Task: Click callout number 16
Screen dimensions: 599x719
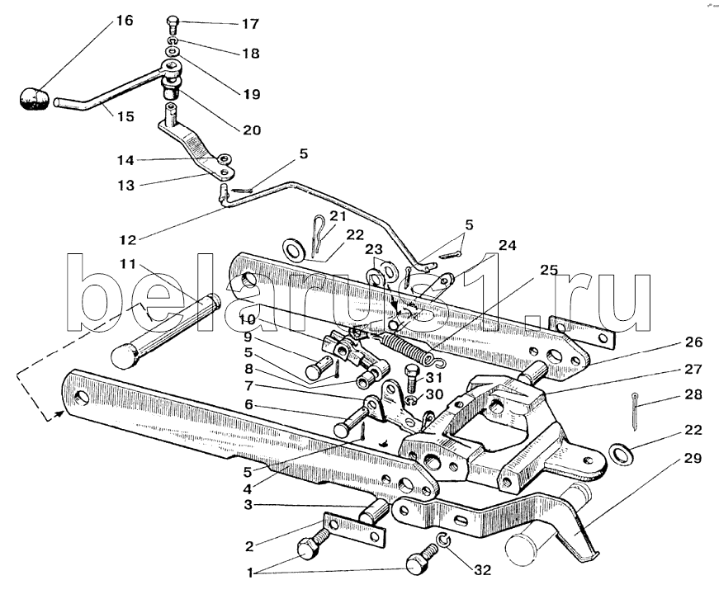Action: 124,21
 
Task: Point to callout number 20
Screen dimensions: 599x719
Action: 251,130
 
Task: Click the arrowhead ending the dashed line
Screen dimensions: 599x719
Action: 59,413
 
